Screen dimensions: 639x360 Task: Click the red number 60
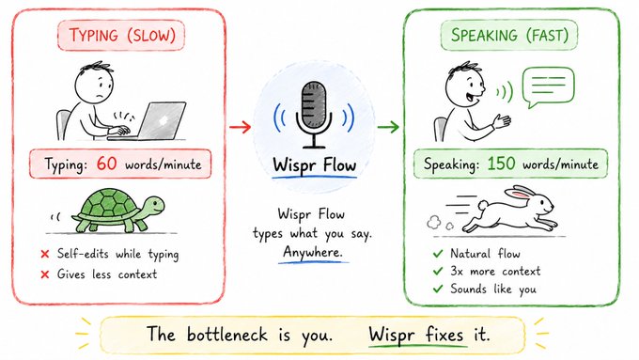point(107,164)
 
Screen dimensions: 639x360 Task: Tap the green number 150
point(501,164)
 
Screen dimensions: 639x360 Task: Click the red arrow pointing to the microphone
point(240,127)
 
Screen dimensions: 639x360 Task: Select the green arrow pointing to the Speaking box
point(387,127)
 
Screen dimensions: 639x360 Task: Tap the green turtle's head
point(153,206)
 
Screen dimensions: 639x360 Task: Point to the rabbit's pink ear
point(521,193)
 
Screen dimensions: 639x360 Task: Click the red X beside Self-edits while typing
point(45,254)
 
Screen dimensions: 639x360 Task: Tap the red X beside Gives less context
point(45,274)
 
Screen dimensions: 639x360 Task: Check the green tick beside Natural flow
point(438,254)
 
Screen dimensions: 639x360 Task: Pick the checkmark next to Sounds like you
point(438,289)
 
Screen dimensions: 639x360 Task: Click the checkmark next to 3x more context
point(438,271)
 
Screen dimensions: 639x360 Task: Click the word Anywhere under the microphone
point(313,252)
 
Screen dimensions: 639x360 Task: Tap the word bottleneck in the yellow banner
point(226,335)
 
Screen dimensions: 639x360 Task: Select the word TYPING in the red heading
point(93,35)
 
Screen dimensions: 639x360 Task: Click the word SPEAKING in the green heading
point(484,35)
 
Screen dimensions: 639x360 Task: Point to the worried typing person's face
point(95,86)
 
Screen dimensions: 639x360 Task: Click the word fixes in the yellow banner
point(444,335)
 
